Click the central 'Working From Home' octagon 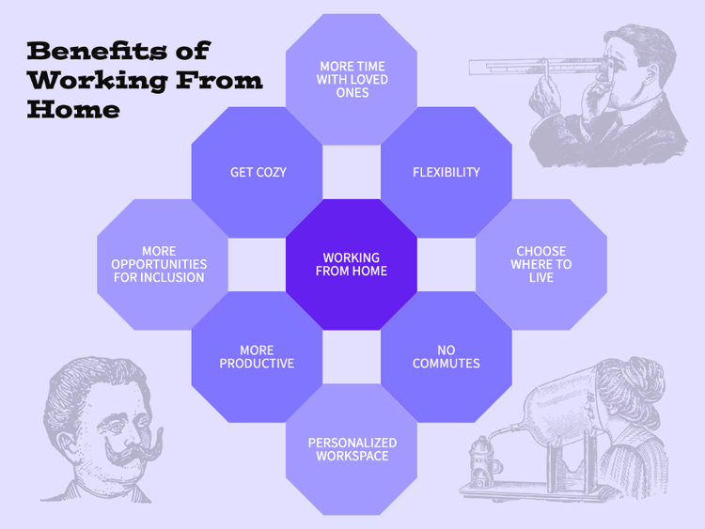[352, 264]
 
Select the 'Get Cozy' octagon [258, 172]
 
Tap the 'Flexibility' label [446, 172]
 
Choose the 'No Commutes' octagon [446, 357]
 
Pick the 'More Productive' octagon [258, 357]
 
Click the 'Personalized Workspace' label [352, 449]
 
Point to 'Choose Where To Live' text [541, 264]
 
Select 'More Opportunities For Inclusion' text [159, 264]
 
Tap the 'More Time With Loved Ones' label [352, 80]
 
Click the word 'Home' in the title [73, 109]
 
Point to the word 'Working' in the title [98, 81]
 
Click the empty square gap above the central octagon [352, 172]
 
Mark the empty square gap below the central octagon [352, 357]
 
